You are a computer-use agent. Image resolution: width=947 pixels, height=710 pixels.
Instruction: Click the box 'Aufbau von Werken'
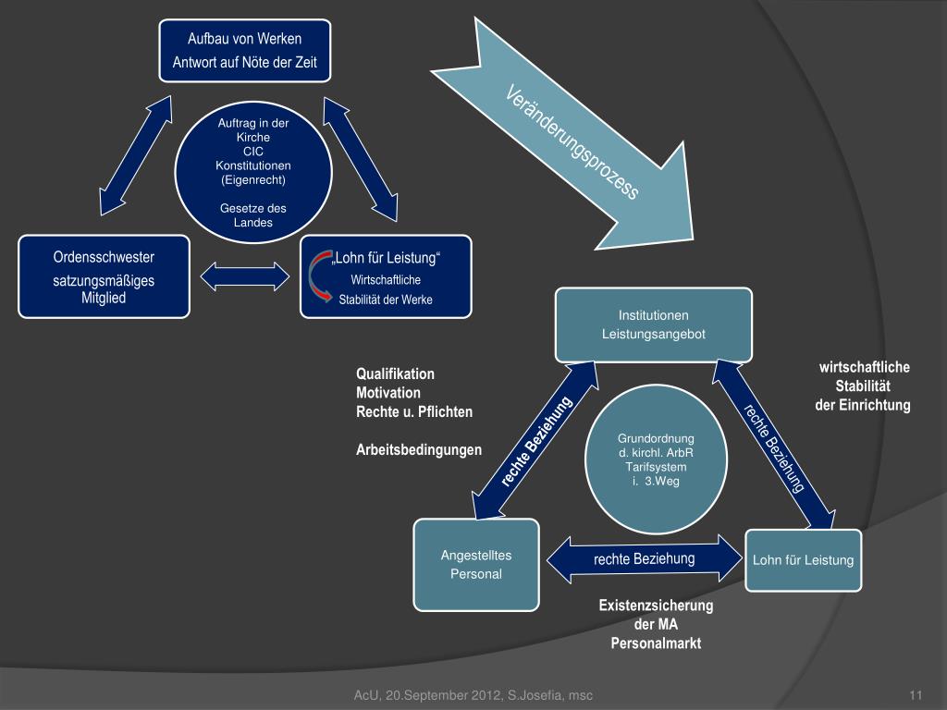pos(245,51)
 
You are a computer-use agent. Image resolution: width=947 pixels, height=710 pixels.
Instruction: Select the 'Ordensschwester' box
pos(104,276)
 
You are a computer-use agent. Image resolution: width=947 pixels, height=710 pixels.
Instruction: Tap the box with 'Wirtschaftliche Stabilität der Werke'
pos(386,276)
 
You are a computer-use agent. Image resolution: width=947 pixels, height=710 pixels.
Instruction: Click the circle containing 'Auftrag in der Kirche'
pos(252,177)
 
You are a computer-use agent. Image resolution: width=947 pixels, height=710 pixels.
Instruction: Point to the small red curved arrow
pos(317,277)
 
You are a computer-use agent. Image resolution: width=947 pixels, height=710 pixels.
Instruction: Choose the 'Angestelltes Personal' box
pos(475,564)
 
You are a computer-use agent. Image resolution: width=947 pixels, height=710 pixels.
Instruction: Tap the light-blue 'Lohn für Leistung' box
pos(803,560)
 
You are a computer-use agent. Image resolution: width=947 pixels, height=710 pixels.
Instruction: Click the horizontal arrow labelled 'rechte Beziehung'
pos(645,558)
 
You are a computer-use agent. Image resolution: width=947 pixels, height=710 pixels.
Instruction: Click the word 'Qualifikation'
pos(395,374)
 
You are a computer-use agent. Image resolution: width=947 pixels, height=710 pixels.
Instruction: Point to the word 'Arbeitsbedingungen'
pos(419,450)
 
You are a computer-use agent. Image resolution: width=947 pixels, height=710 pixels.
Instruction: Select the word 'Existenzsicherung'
pos(656,606)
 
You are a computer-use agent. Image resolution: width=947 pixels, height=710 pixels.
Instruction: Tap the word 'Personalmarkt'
pos(656,643)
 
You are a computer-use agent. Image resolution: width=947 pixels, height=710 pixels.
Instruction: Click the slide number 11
pos(917,695)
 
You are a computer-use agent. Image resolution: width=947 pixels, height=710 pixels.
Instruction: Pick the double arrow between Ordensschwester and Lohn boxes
pos(245,276)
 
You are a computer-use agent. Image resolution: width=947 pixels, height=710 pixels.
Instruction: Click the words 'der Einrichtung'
pos(862,405)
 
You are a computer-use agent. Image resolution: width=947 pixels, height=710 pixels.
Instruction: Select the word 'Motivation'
pos(388,393)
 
